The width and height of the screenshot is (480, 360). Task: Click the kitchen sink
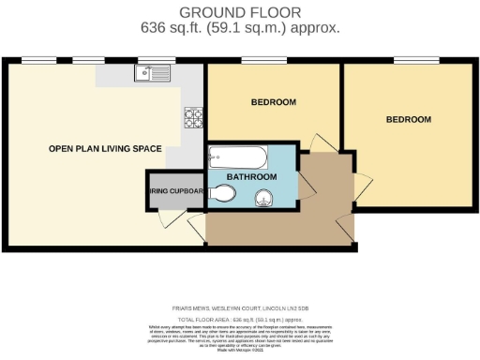pos(150,72)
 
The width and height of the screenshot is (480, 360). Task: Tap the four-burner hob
pos(194,117)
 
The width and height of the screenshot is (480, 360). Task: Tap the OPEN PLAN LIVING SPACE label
pos(106,148)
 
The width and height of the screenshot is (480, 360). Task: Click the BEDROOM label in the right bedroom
pos(409,119)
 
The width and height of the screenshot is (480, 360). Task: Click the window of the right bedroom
pos(410,62)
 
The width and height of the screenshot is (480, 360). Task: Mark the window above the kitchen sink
pos(149,62)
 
